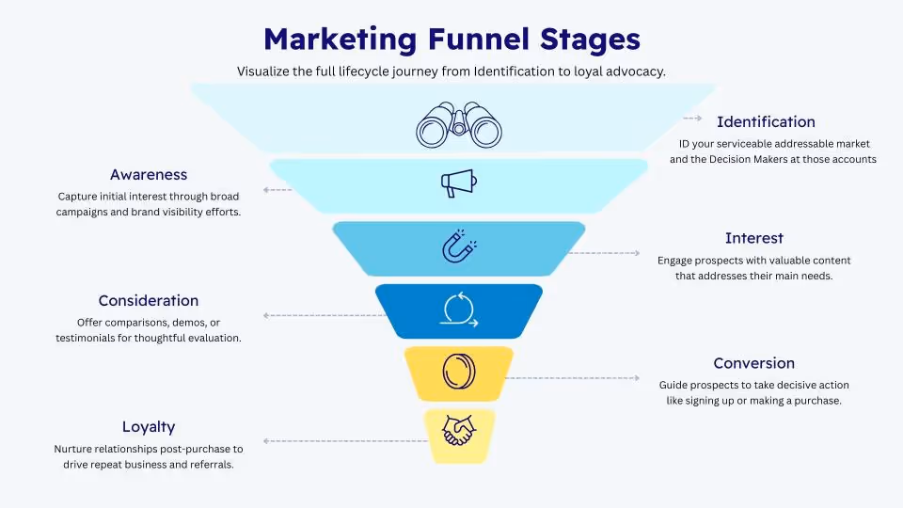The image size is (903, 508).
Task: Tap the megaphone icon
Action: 459,183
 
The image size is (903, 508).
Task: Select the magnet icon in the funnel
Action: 459,246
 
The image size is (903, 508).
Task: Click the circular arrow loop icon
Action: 459,310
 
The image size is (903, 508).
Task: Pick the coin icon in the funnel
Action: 459,371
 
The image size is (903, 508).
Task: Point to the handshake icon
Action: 459,431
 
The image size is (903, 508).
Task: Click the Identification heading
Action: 766,121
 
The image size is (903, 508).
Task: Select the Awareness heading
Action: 149,174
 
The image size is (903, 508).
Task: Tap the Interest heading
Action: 753,238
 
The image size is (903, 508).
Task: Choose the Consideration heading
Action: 149,300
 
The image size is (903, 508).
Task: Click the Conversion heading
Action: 753,363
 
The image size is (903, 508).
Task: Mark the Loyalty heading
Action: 149,426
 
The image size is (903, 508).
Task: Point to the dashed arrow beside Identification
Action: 692,119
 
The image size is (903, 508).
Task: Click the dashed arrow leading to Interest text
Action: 602,253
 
